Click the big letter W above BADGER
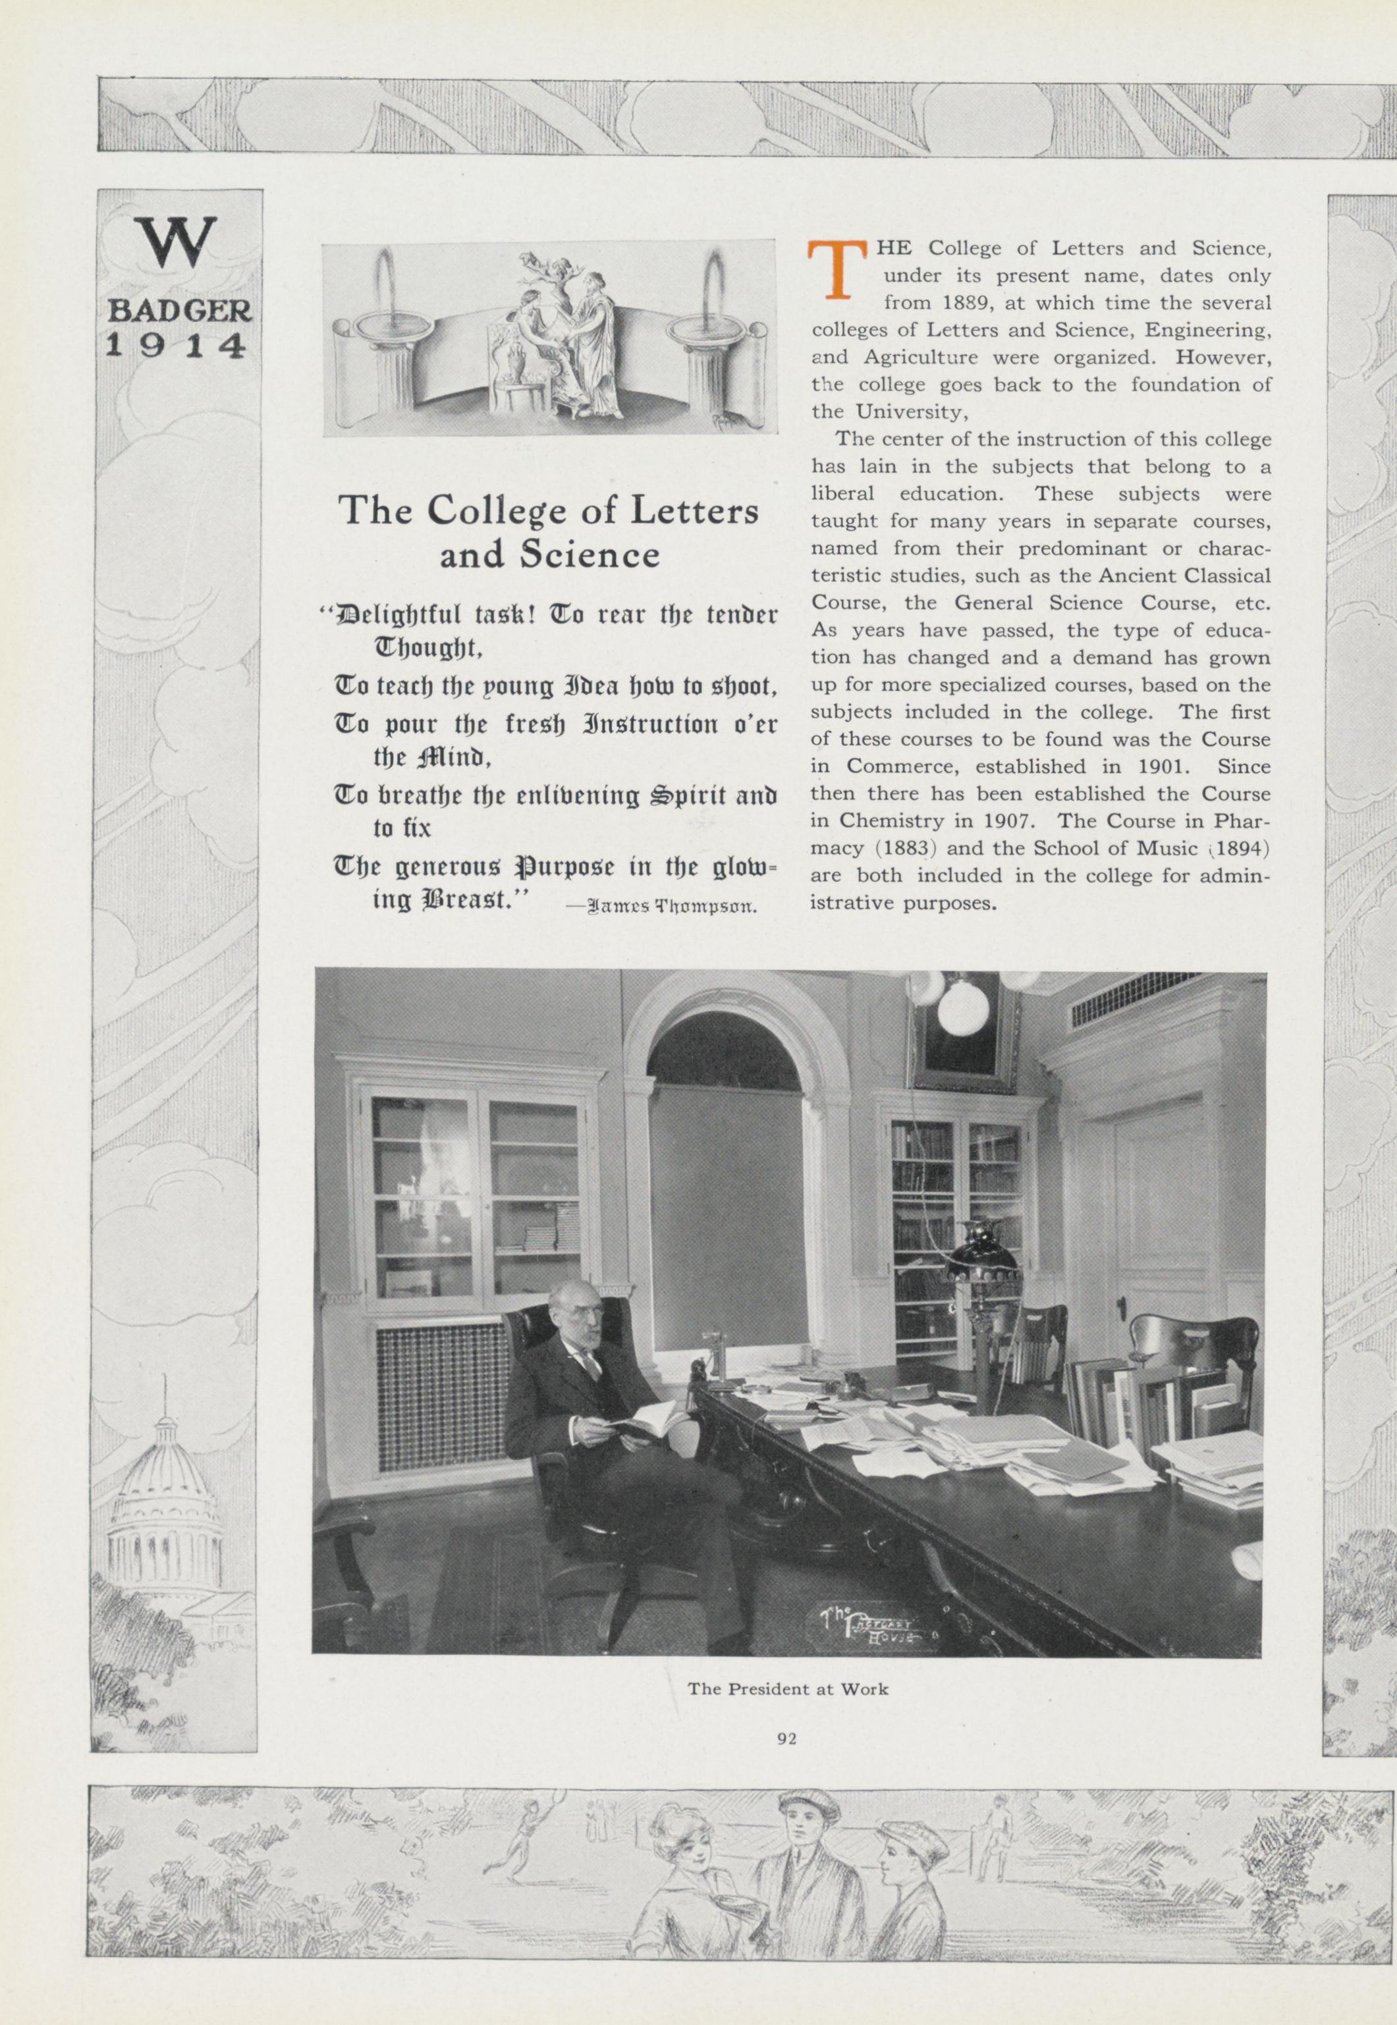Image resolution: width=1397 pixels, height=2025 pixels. [x=178, y=242]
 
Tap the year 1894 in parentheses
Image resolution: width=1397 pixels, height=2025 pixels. [x=1240, y=848]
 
